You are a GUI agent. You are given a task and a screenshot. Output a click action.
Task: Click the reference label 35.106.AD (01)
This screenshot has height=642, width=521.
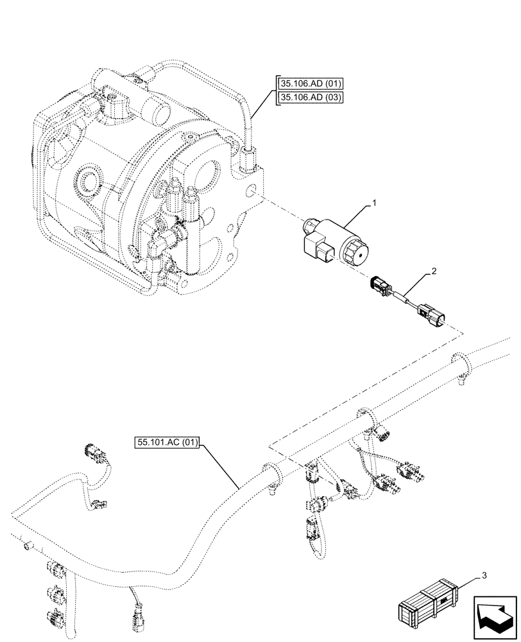(311, 83)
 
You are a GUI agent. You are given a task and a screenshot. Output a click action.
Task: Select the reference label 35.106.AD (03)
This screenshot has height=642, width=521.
(311, 98)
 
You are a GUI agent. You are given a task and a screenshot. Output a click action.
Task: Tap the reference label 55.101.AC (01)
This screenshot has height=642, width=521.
(168, 442)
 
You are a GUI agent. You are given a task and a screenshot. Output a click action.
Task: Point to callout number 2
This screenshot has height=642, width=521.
(434, 272)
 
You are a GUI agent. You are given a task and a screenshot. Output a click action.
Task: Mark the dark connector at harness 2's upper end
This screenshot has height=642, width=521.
(379, 284)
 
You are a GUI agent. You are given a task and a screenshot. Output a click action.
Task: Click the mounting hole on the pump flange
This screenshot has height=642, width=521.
(254, 191)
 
